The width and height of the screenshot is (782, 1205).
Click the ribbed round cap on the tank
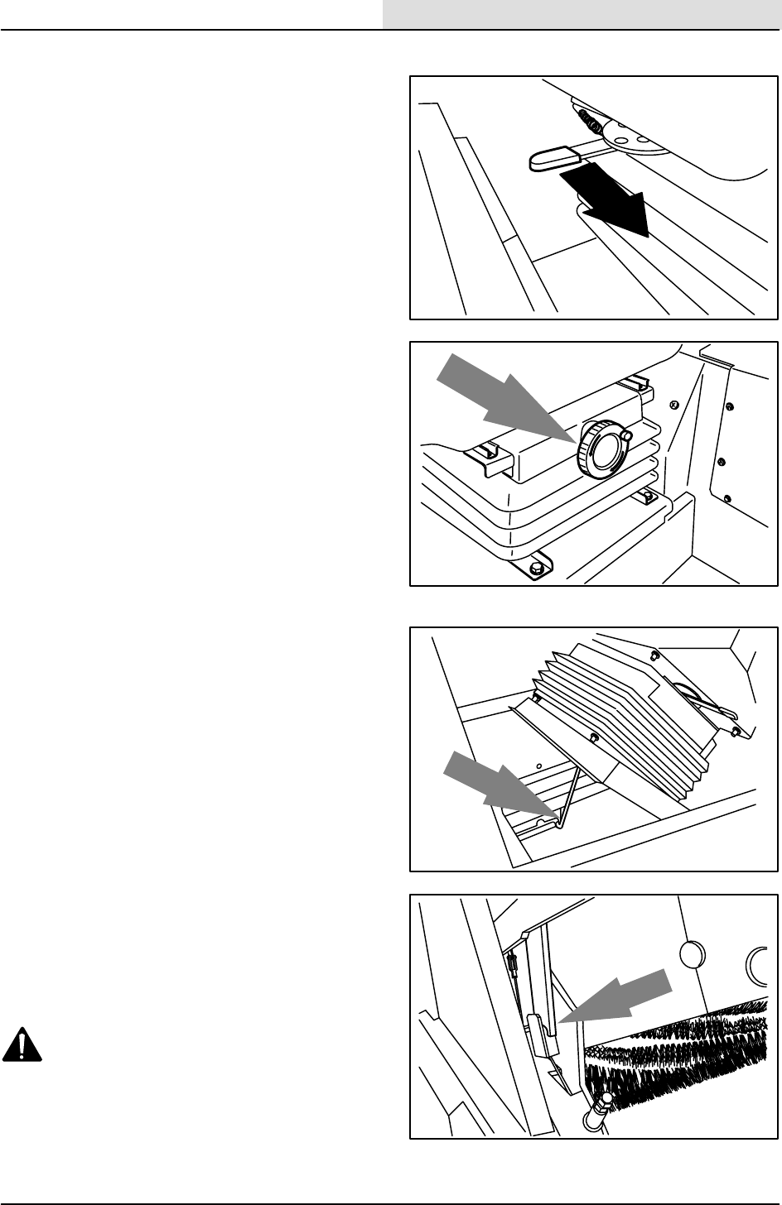pyautogui.click(x=599, y=449)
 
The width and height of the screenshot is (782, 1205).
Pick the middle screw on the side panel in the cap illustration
pyautogui.click(x=722, y=459)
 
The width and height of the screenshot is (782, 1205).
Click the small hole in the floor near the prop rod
pyautogui.click(x=539, y=766)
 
